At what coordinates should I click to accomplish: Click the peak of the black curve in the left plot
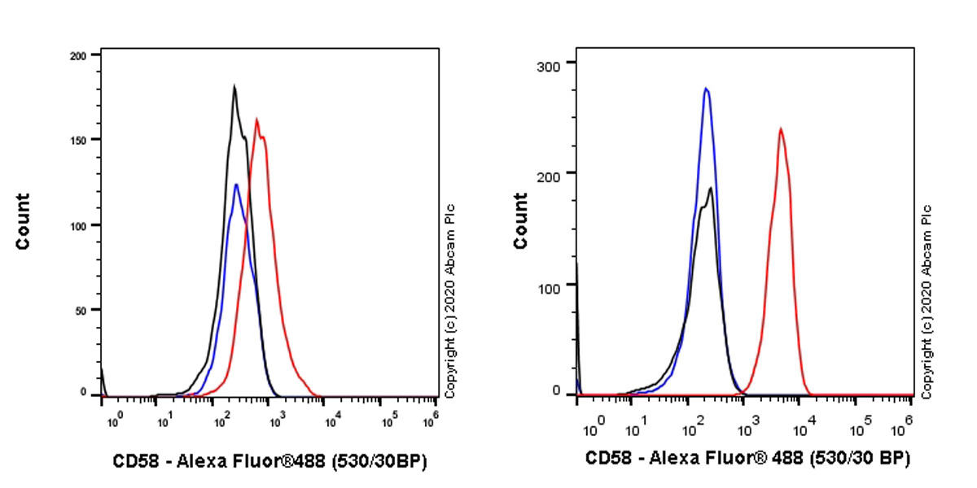234,85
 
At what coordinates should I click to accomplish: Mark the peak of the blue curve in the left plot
236,185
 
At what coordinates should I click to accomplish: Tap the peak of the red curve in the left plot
257,120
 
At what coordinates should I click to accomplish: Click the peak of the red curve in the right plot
780,128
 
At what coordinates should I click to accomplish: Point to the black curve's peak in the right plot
712,188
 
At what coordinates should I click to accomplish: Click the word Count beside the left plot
22,221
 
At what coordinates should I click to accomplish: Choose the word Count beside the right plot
520,221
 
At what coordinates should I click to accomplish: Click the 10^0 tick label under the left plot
114,420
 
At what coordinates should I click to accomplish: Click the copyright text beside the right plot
927,300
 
